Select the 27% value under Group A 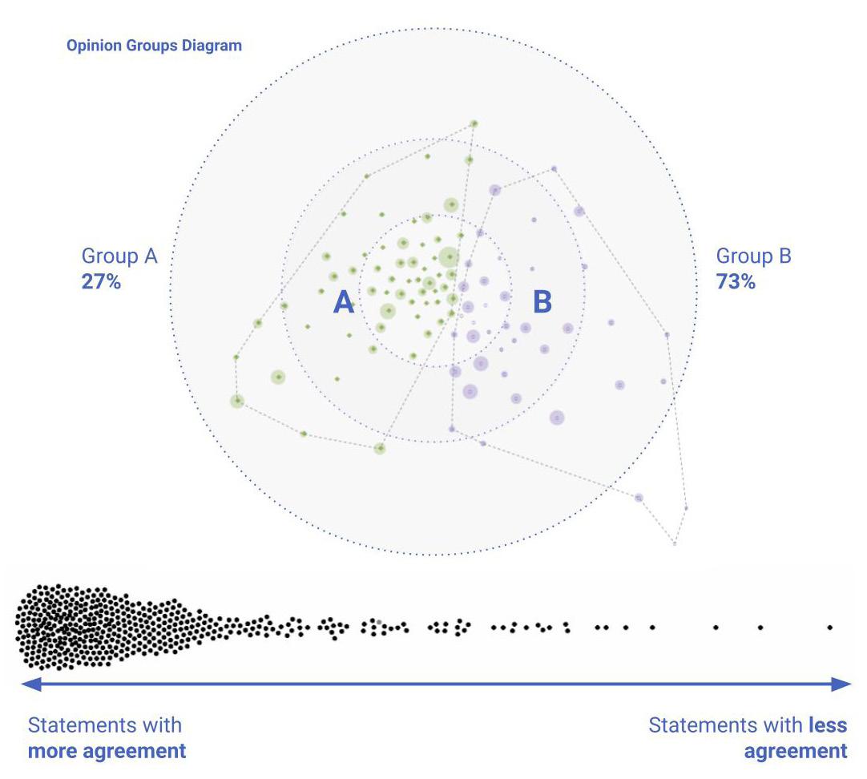pos(101,281)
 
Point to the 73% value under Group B pos(736,281)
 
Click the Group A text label pos(119,256)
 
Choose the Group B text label pos(753,256)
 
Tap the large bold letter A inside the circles pos(344,303)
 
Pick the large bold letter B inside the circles pos(542,303)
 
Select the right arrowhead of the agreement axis pos(843,684)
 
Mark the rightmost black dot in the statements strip pos(830,628)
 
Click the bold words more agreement pos(107,752)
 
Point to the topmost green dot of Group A pos(474,123)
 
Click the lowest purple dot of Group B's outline pos(675,543)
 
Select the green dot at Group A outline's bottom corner pos(380,448)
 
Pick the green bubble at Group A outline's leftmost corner pos(236,401)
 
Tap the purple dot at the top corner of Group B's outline pos(553,169)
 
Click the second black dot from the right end pos(760,628)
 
